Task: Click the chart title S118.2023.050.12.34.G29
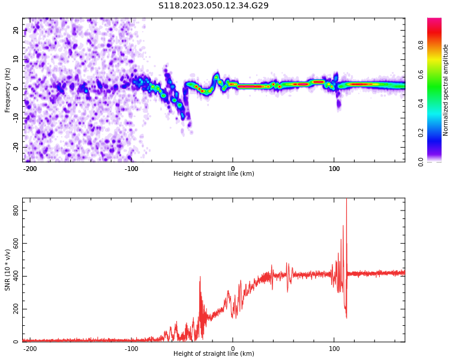214,5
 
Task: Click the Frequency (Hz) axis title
8,90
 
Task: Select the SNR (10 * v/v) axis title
8,270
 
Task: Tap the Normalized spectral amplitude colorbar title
446,90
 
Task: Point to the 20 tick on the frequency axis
16,30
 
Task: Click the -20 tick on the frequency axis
15,147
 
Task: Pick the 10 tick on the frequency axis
16,59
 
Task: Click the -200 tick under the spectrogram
30,169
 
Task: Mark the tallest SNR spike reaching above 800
346,202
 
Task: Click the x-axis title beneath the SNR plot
214,354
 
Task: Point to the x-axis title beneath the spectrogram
214,174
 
